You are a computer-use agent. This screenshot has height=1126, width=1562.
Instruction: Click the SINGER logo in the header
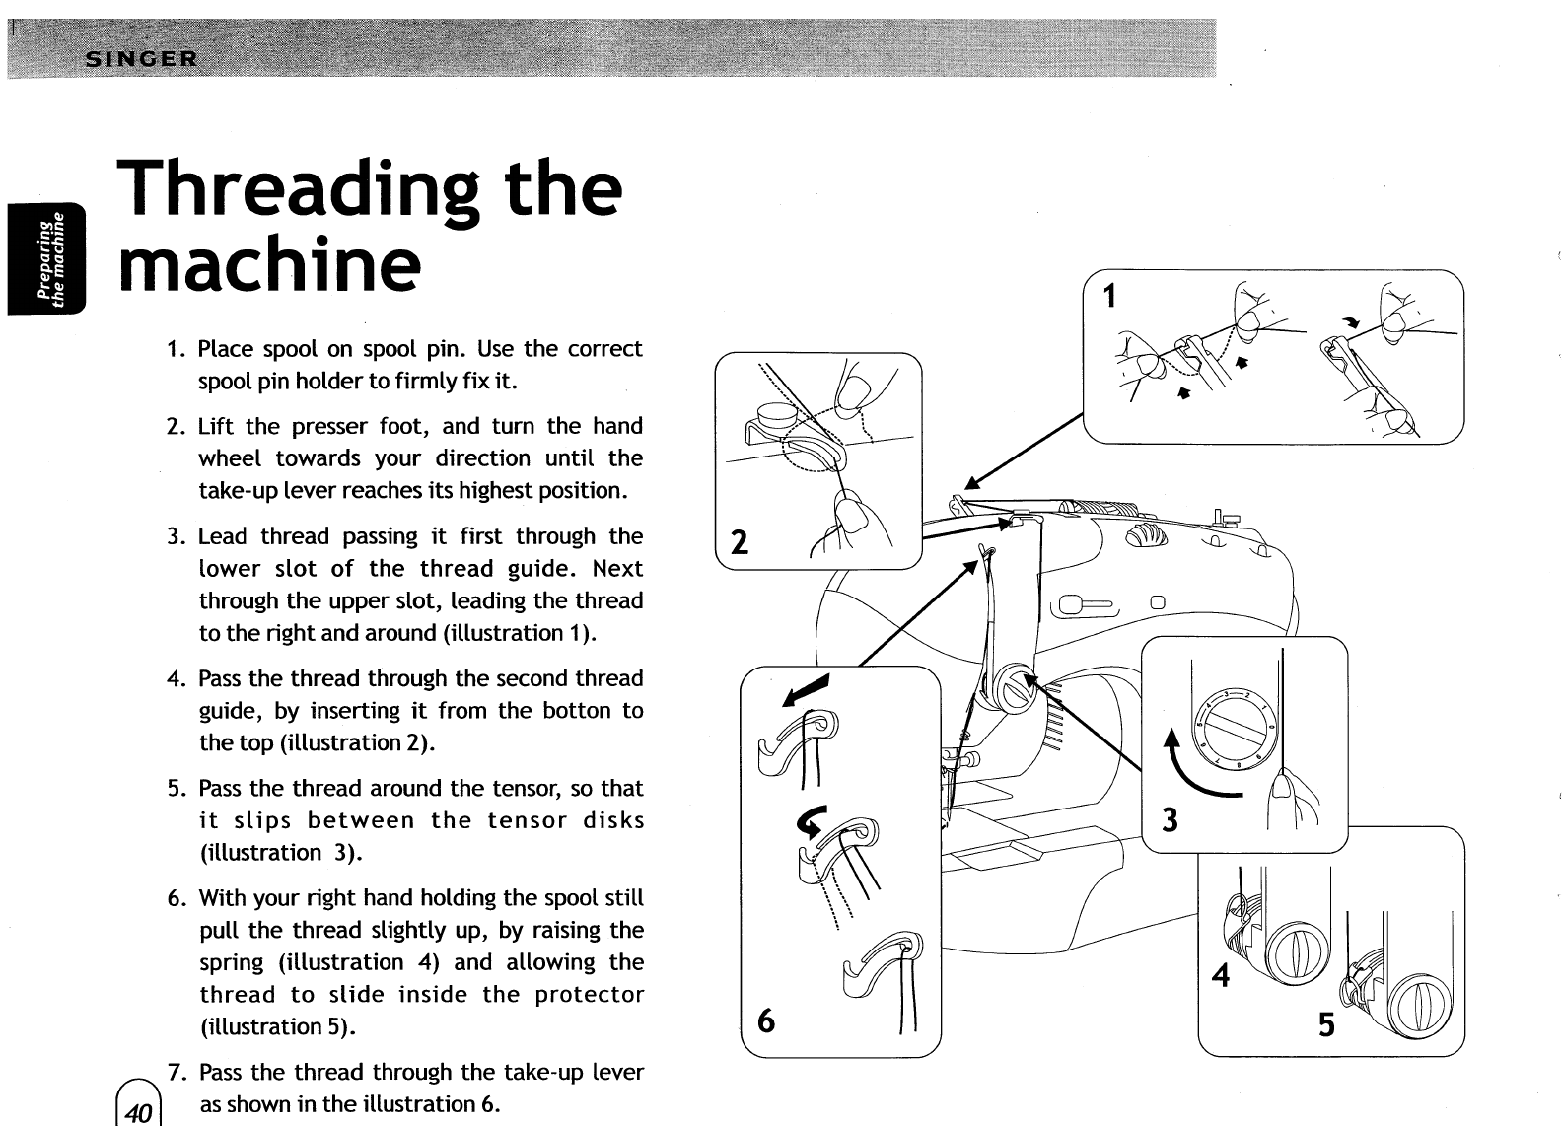143,58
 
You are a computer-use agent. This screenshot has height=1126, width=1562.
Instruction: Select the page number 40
138,1111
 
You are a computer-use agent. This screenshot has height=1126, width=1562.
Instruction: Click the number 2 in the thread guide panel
738,542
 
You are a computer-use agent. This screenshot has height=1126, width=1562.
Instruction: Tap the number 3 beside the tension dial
1170,819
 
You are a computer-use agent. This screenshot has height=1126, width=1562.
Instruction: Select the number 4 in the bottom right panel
1221,975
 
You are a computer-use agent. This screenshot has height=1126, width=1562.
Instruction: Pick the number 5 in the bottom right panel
1326,1025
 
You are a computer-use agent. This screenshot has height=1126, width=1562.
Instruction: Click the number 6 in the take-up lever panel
764,1021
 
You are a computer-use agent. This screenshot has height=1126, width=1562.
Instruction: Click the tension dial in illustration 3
1234,725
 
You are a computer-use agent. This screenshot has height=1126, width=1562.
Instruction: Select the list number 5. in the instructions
177,789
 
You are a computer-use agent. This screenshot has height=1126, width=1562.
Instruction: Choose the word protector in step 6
590,995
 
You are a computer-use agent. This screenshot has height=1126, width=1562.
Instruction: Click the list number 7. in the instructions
177,1073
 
